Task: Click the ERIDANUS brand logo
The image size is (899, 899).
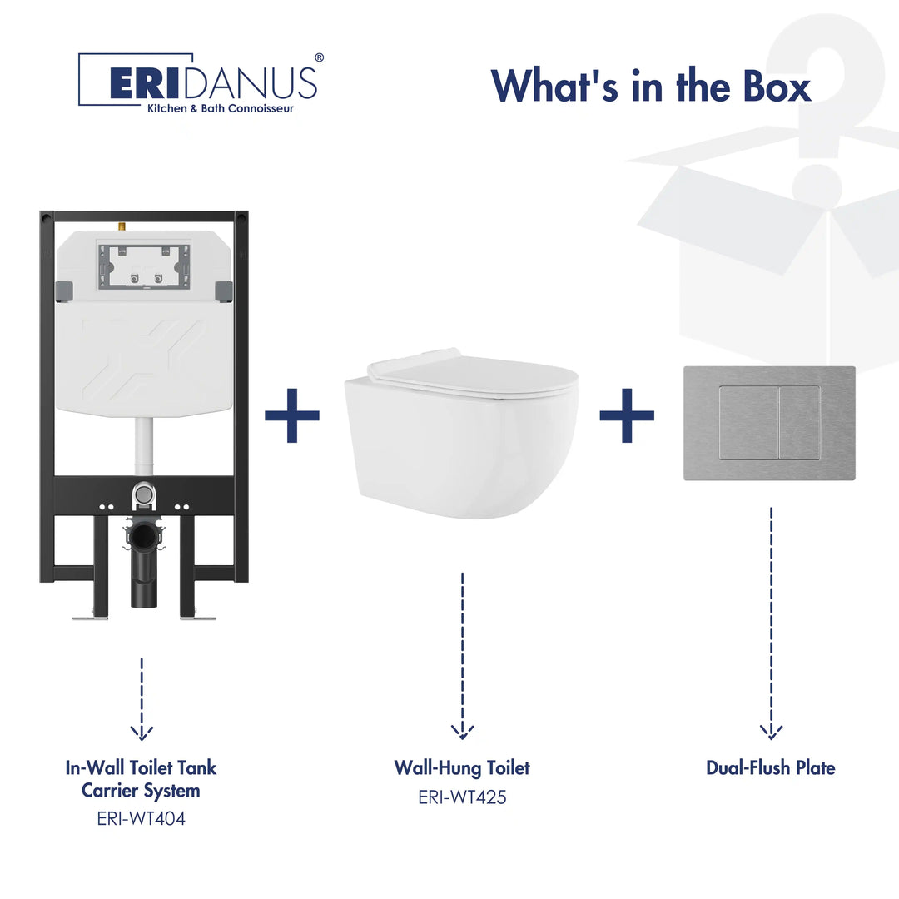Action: (197, 80)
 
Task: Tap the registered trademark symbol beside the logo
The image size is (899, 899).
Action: (319, 57)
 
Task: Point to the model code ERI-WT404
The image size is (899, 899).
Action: (141, 818)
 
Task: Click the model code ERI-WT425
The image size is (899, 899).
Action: (462, 797)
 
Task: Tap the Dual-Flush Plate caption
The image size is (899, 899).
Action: (770, 767)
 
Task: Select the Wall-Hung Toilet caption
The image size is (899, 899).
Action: (462, 767)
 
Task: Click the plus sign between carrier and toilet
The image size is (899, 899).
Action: (292, 415)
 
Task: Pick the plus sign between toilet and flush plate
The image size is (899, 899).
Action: (627, 415)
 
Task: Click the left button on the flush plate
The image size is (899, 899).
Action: (749, 423)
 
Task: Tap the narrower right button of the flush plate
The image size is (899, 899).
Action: (800, 423)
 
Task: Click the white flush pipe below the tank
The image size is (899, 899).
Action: (144, 446)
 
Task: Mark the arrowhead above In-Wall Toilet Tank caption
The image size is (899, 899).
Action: (142, 732)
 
